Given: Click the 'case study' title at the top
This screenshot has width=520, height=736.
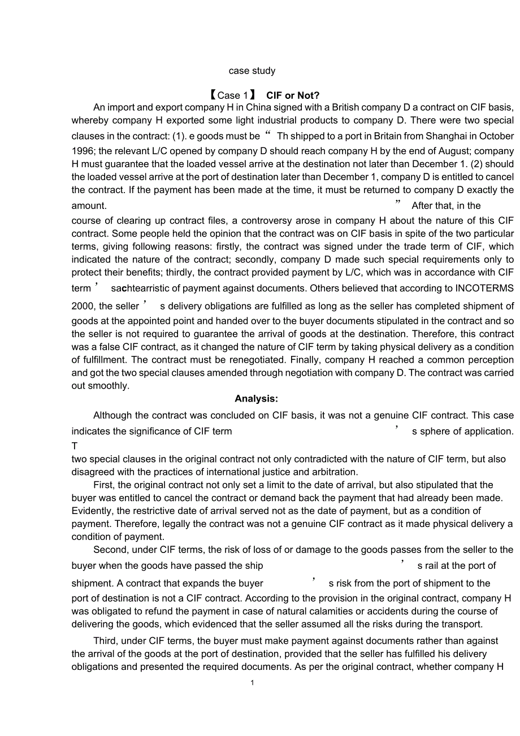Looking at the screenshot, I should click(x=252, y=71).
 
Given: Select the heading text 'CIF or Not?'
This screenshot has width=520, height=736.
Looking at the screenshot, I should click(x=293, y=95).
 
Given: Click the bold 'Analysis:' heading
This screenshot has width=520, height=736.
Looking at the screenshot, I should click(x=257, y=399).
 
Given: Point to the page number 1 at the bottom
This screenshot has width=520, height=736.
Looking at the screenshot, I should click(x=252, y=683).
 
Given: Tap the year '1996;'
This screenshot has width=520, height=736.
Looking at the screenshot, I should click(x=84, y=151).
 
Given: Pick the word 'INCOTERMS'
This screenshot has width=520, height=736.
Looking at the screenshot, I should click(x=487, y=288).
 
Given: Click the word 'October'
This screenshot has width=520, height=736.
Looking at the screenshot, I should click(x=496, y=136).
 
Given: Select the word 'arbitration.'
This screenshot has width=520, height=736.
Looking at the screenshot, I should click(x=333, y=472).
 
